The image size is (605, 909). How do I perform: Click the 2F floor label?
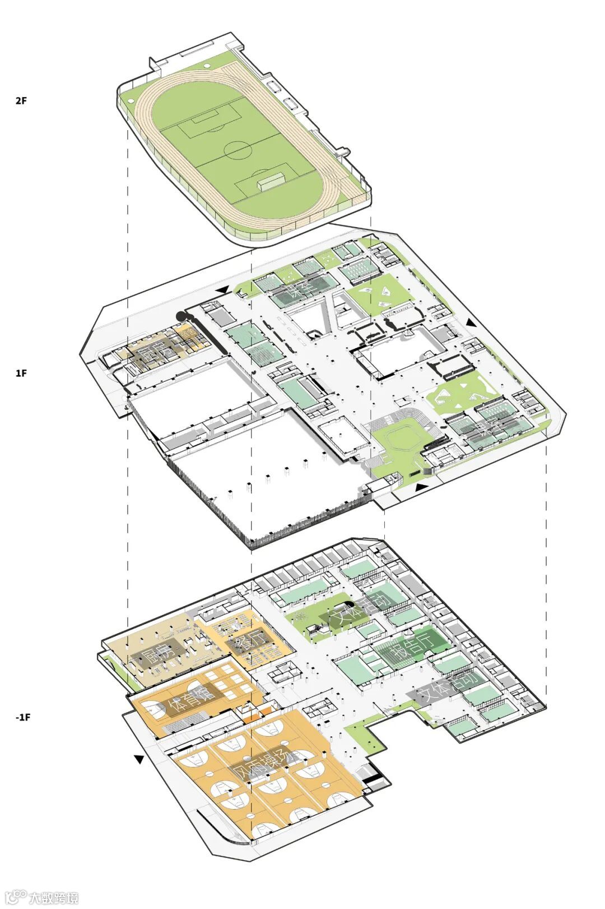pyautogui.click(x=21, y=101)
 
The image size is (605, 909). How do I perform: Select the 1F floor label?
pyautogui.click(x=21, y=373)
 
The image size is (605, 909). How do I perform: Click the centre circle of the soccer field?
pyautogui.click(x=238, y=150)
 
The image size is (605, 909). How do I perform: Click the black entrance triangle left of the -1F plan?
pyautogui.click(x=139, y=759)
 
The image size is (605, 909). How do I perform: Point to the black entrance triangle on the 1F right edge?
pyautogui.click(x=470, y=323)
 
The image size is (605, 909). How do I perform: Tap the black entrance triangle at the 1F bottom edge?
pyautogui.click(x=420, y=487)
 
